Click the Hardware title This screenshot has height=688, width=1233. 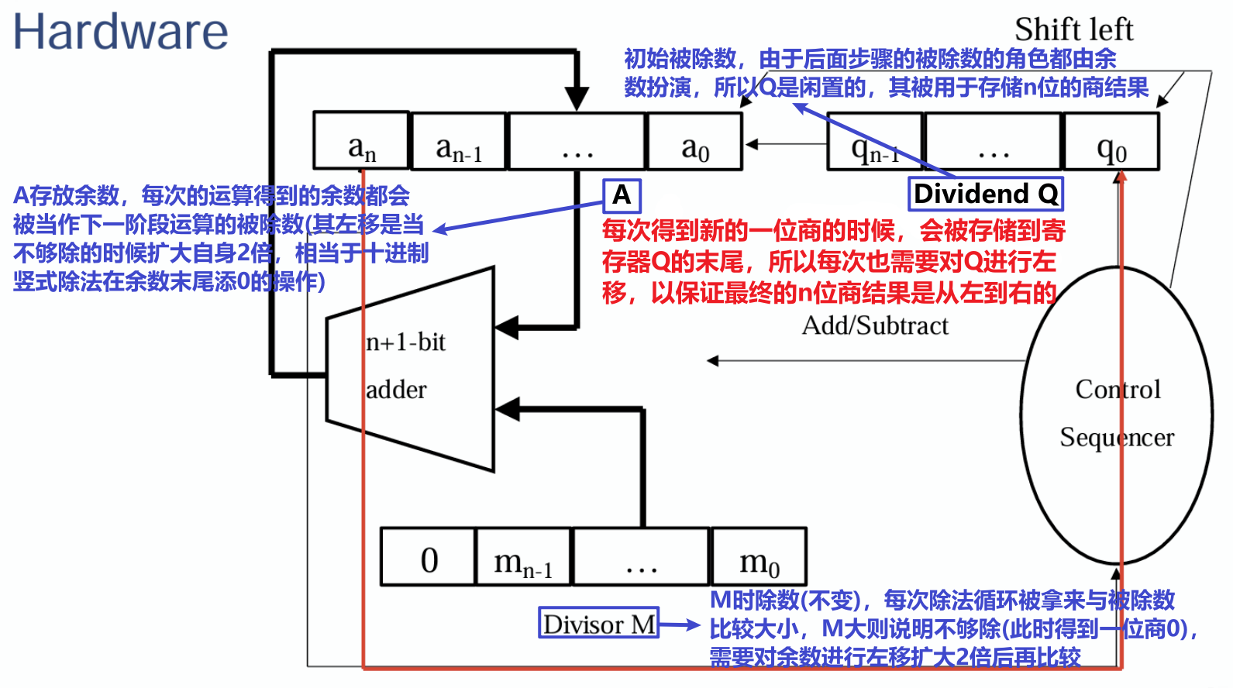point(120,33)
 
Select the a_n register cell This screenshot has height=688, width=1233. point(361,141)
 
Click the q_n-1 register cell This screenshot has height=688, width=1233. point(875,143)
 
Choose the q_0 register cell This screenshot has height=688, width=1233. point(1111,143)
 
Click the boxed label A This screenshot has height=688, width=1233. point(622,195)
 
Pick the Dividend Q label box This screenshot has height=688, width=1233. point(985,194)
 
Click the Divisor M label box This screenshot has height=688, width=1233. point(599,623)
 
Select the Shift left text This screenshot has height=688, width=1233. point(1073,29)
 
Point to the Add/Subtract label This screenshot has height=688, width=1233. point(875,325)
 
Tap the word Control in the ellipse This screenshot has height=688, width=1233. point(1118,389)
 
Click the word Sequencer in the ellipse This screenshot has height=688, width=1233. point(1117,437)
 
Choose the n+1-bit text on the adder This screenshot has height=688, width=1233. point(405,342)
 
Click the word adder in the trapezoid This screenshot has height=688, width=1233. point(396,389)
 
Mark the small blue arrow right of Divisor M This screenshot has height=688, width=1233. point(680,624)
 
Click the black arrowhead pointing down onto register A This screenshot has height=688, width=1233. point(577,99)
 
